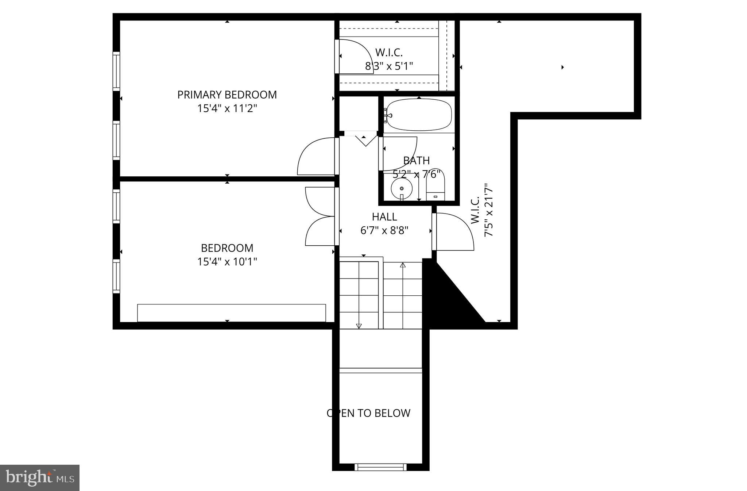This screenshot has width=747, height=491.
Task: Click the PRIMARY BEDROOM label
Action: point(227,95)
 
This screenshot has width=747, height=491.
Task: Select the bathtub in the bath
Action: point(419,115)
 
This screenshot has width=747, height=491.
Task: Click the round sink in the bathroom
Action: point(402,188)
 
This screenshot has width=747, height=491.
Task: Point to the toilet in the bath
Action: point(436,185)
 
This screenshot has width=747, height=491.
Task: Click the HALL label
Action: point(384,217)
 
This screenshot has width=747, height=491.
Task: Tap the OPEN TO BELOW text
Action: point(368,413)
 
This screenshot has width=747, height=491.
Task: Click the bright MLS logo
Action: point(40,477)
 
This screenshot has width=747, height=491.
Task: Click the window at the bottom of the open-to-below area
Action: point(380,467)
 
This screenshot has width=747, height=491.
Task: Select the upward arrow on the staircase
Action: point(403,265)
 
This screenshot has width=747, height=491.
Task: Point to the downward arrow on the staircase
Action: point(359,326)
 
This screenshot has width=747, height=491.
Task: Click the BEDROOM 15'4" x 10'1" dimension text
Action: point(227,262)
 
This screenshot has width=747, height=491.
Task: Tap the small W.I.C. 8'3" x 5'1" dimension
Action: point(389,66)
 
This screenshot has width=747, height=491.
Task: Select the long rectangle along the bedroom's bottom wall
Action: point(231,313)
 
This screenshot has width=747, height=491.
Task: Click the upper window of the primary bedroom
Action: point(116,71)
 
